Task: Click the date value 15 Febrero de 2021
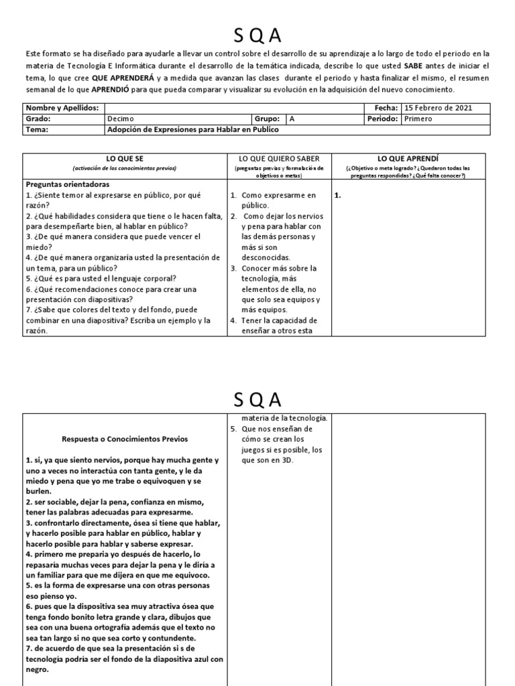coord(434,108)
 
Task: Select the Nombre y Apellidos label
coord(62,108)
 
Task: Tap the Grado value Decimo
coord(121,119)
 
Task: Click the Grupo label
coord(268,119)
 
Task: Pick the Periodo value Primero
coord(418,119)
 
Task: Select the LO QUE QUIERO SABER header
coord(279,158)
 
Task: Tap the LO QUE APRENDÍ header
coord(408,158)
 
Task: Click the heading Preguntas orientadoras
coord(68,184)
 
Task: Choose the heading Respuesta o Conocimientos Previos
coord(125,439)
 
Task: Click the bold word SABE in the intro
coord(414,66)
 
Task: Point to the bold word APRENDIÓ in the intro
coord(97,89)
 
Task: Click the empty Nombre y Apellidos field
coord(235,108)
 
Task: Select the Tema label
coord(38,130)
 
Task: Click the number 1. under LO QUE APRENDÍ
coord(337,196)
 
